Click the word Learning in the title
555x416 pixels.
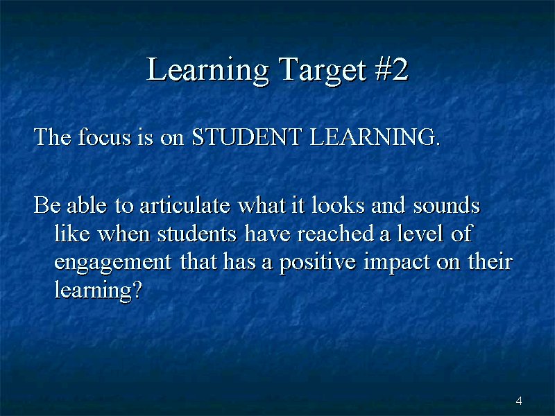(x=207, y=70)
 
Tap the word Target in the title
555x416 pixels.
(x=322, y=70)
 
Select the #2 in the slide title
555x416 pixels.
(x=392, y=69)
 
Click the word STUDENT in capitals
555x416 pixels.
(x=247, y=137)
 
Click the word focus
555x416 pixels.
(x=105, y=136)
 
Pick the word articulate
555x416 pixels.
(x=185, y=205)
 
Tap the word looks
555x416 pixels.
(x=338, y=205)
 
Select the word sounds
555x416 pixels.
(x=447, y=205)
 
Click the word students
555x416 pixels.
(x=197, y=234)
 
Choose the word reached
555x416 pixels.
(x=335, y=233)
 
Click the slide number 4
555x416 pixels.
(x=519, y=401)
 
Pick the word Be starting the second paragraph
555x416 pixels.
(x=47, y=205)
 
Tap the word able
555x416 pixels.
(x=87, y=205)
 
